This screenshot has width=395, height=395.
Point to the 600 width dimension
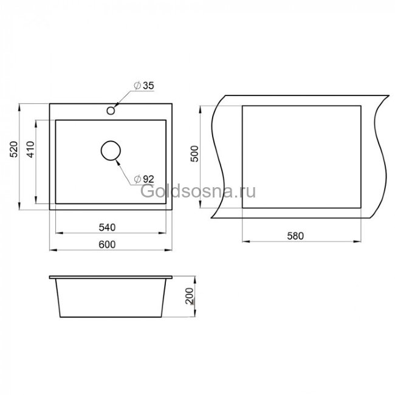107,244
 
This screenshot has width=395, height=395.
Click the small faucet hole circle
111,111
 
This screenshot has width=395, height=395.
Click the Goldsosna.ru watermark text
198,192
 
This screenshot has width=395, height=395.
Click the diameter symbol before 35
138,86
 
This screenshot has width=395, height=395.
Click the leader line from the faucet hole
124,98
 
